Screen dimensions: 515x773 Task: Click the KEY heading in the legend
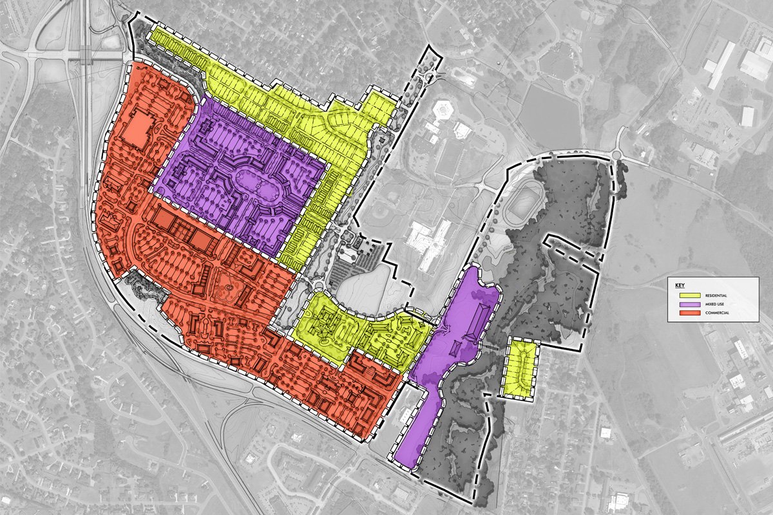(679, 285)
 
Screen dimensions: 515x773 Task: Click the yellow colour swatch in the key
(687, 295)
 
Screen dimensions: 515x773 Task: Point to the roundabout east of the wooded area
(620, 155)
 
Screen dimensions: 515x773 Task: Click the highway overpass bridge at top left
(83, 57)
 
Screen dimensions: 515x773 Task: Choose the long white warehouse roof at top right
(720, 64)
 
